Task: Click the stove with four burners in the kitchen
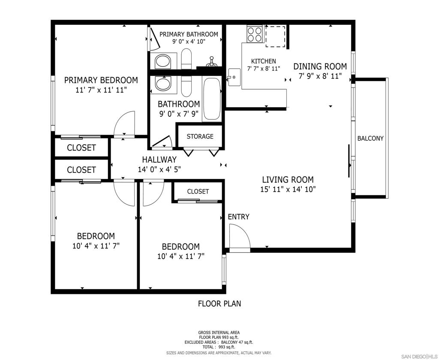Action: [255, 34]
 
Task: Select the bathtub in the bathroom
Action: [211, 99]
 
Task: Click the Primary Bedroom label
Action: [101, 80]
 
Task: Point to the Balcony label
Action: [370, 138]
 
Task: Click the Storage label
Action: [200, 136]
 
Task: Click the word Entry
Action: [238, 217]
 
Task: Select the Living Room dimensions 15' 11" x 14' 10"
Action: [288, 189]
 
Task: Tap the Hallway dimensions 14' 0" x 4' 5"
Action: [159, 169]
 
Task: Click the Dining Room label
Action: [320, 67]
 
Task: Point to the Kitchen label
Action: [263, 61]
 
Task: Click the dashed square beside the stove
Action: [275, 36]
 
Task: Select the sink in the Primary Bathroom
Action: [162, 61]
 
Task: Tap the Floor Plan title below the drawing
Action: [219, 304]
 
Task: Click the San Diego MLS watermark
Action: [419, 357]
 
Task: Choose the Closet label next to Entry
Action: [198, 191]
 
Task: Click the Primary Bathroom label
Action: [189, 34]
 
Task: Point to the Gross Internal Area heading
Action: [219, 333]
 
